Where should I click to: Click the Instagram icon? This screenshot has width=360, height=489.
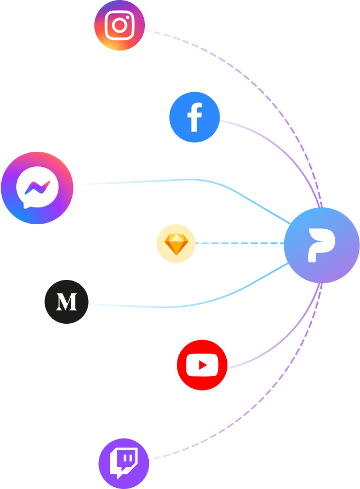coord(120,25)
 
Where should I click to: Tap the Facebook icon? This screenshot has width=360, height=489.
coord(194,117)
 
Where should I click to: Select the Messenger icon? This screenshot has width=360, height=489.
coord(37,188)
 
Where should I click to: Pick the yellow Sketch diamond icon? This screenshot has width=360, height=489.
coord(176,244)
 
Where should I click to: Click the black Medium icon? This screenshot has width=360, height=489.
coord(66,302)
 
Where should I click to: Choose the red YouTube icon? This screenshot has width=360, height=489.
coord(202,365)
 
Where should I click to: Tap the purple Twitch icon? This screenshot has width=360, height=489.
coord(124,463)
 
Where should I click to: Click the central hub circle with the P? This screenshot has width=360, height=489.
coord(321,244)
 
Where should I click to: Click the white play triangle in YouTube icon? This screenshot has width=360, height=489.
coord(203,366)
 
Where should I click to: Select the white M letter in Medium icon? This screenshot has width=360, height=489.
coord(66,302)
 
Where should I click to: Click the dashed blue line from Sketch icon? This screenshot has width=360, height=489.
coord(241,243)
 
